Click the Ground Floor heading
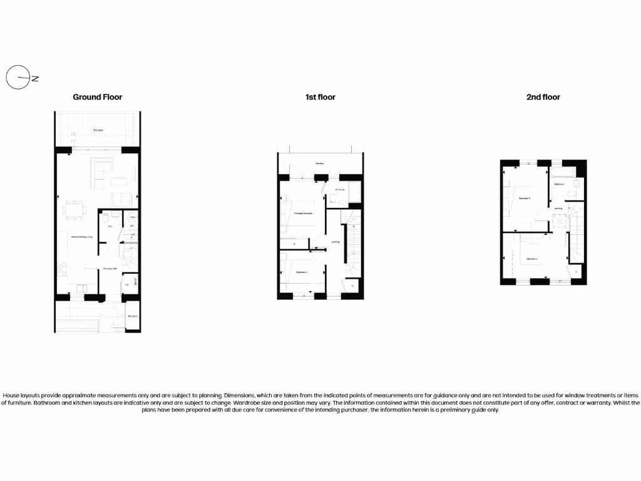[x=97, y=97]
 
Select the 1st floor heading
[x=320, y=97]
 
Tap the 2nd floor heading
[x=543, y=97]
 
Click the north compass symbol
[x=18, y=78]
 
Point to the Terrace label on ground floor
[x=98, y=130]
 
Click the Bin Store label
[x=132, y=317]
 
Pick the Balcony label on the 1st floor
[x=319, y=163]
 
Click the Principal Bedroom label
[x=304, y=214]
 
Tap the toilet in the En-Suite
[x=335, y=200]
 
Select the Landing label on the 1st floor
[x=335, y=242]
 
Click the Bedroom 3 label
[x=525, y=198]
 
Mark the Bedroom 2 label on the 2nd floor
[x=533, y=259]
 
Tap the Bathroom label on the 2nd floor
[x=559, y=185]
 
